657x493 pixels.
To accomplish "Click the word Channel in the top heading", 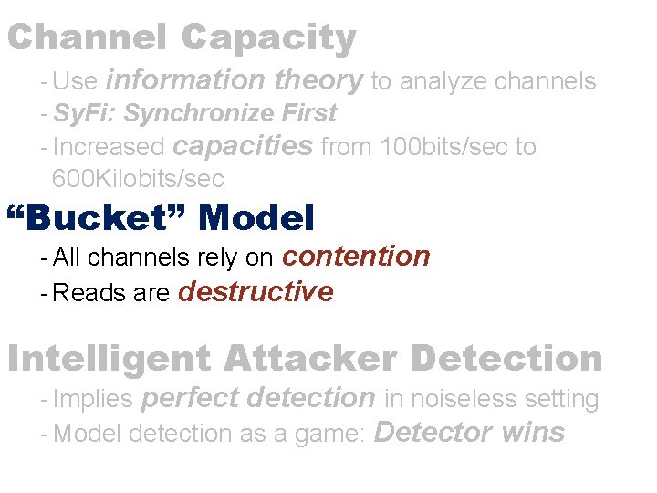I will tap(87, 38).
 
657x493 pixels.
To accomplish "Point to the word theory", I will tap(318, 80).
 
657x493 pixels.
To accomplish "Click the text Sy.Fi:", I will tap(86, 113).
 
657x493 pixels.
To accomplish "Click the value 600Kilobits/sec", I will tap(138, 177).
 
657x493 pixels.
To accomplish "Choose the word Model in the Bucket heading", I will tap(256, 218).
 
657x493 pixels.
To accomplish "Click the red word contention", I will tap(356, 257).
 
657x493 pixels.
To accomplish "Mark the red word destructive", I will tap(256, 292).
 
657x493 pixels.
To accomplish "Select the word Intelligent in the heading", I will tap(109, 359).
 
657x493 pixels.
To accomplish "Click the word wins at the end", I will tap(533, 432).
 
